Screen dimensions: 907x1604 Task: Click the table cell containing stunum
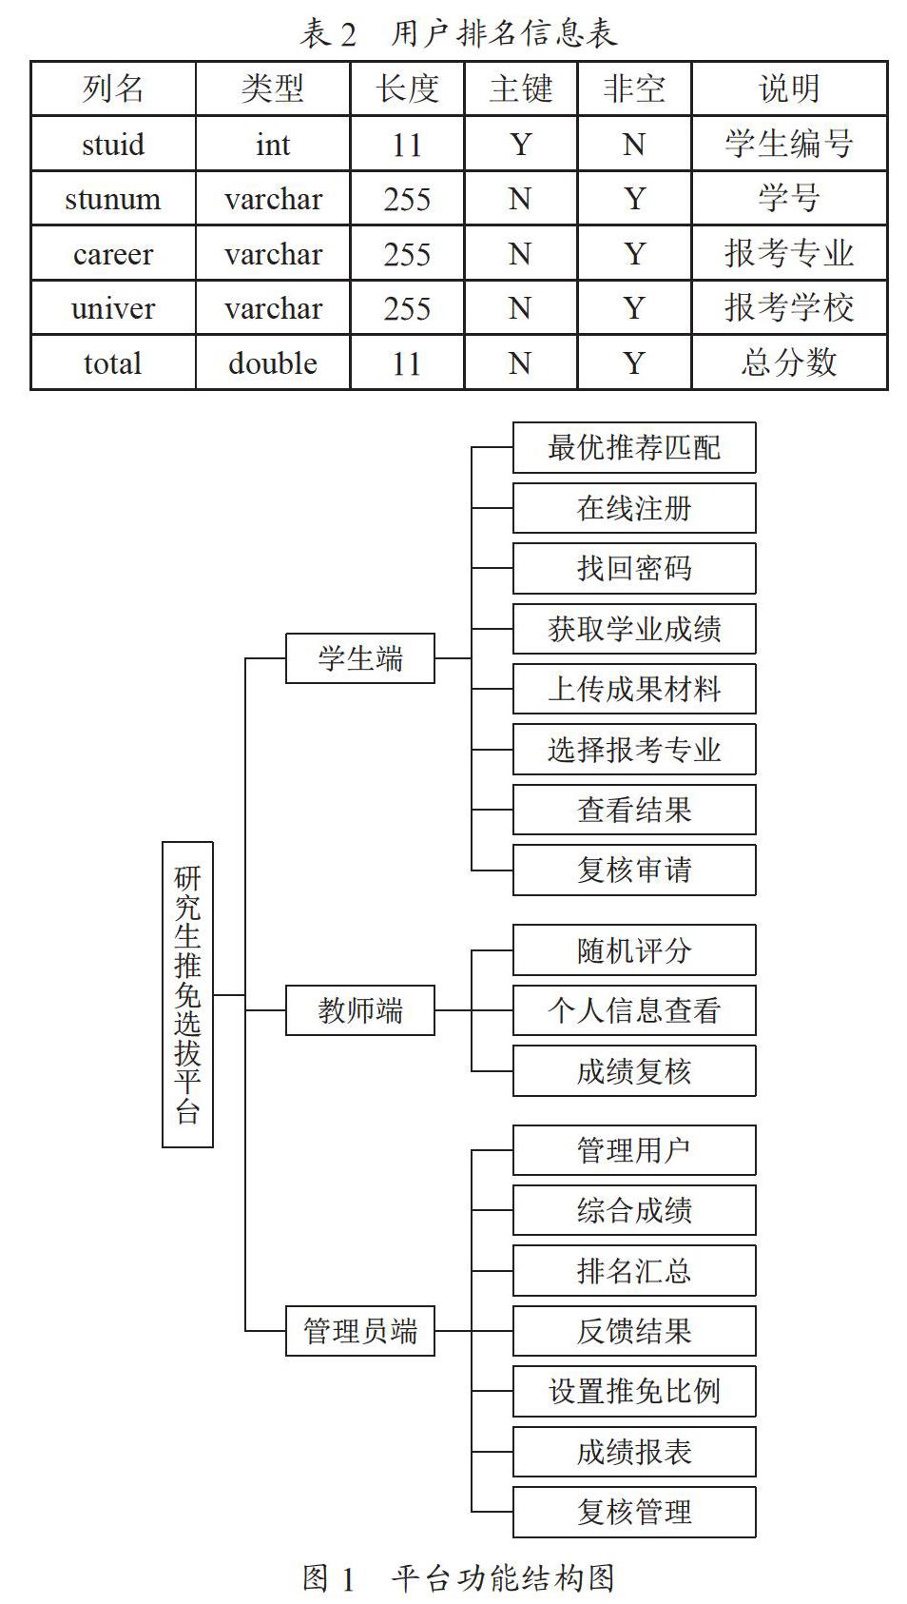pyautogui.click(x=113, y=198)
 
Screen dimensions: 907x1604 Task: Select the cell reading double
pyautogui.click(x=273, y=362)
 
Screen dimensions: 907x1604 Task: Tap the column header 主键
pyautogui.click(x=521, y=88)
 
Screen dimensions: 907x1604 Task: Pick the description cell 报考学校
pyautogui.click(x=789, y=308)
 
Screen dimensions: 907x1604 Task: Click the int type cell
pyautogui.click(x=273, y=144)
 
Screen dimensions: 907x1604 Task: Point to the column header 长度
pyautogui.click(x=407, y=88)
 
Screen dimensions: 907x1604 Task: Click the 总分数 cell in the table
pyautogui.click(x=789, y=362)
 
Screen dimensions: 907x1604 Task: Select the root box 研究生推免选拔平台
pyautogui.click(x=187, y=994)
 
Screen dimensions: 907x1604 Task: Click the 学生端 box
pyautogui.click(x=360, y=658)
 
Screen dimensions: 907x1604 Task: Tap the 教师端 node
pyautogui.click(x=360, y=1010)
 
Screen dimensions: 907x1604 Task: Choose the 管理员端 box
pyautogui.click(x=360, y=1330)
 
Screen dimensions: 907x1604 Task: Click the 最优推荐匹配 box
pyautogui.click(x=634, y=447)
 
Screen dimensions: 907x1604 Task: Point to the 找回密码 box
pyautogui.click(x=634, y=569)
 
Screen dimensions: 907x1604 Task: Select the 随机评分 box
pyautogui.click(x=634, y=950)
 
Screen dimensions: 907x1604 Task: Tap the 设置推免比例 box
pyautogui.click(x=634, y=1391)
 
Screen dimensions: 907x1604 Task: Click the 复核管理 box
pyautogui.click(x=634, y=1513)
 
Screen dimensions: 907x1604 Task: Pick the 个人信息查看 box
pyautogui.click(x=634, y=1010)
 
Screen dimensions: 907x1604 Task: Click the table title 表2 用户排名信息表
pyautogui.click(x=459, y=33)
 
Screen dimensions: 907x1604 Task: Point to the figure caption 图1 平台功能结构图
pyautogui.click(x=459, y=1577)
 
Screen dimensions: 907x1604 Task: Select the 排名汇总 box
pyautogui.click(x=634, y=1270)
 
